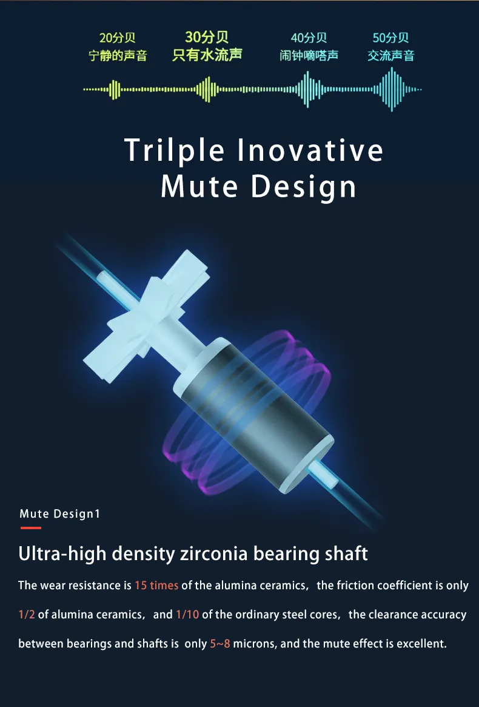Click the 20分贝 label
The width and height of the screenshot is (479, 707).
[x=117, y=38]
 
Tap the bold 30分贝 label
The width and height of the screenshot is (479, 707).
[x=207, y=37]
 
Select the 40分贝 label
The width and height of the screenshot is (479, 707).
[x=309, y=38]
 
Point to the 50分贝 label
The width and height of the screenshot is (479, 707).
[x=390, y=38]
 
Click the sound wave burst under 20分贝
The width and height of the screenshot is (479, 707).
[x=115, y=89]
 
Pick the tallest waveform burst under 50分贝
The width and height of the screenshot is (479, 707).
[x=392, y=89]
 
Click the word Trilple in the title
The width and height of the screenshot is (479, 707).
[x=174, y=151]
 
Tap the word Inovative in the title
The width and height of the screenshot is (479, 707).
[x=310, y=150]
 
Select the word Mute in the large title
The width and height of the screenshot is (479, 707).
[x=199, y=186]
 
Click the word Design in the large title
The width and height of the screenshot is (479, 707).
[x=304, y=187]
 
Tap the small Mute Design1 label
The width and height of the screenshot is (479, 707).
[x=59, y=513]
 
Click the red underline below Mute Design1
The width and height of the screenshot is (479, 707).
[x=31, y=527]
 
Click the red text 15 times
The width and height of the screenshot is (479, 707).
[x=156, y=585]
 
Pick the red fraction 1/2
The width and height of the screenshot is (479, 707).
[x=27, y=614]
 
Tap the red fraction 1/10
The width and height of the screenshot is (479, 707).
[x=187, y=614]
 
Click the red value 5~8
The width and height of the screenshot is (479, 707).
[x=220, y=643]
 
